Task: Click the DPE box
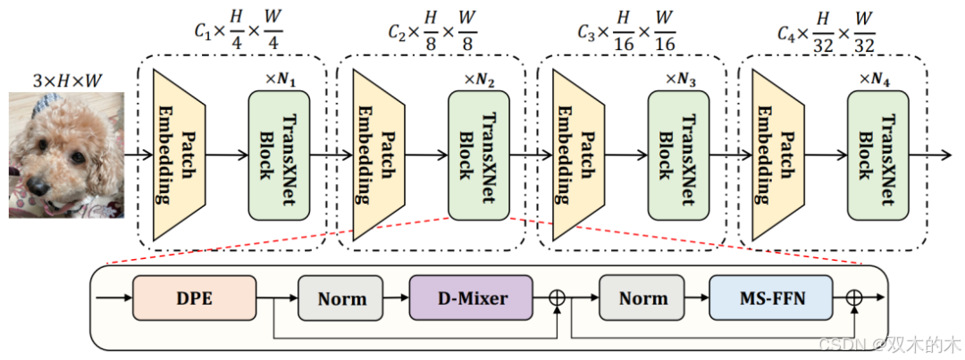tap(194, 297)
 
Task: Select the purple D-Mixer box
tap(471, 297)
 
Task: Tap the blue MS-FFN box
tap(770, 297)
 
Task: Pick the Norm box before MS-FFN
tap(642, 297)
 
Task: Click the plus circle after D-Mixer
tap(559, 297)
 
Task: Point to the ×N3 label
tap(680, 78)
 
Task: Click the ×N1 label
tap(280, 78)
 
